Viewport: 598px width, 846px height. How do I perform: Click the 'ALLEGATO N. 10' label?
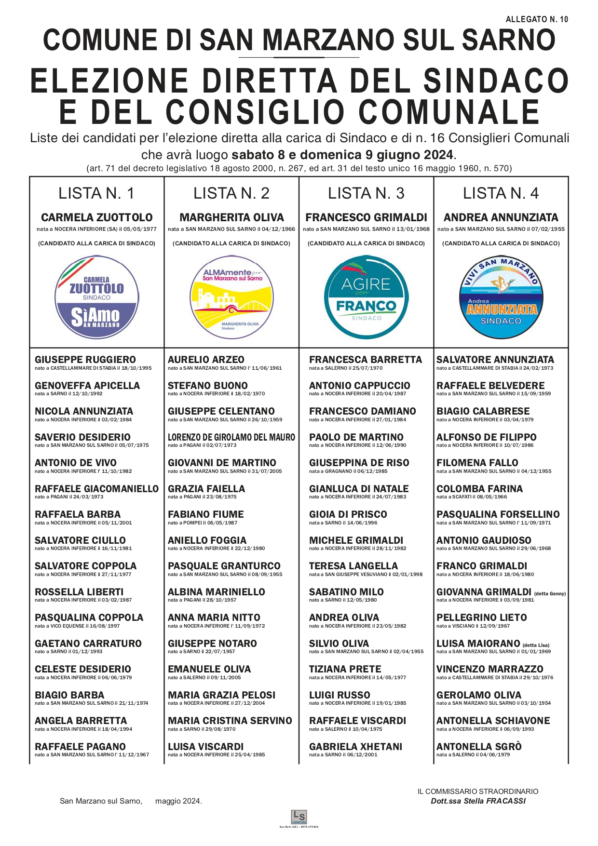pyautogui.click(x=537, y=19)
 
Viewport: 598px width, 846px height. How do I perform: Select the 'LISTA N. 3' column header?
pyautogui.click(x=366, y=193)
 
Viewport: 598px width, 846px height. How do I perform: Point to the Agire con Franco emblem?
pyautogui.click(x=366, y=297)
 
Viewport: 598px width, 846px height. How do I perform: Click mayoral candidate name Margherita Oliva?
pyautogui.click(x=231, y=217)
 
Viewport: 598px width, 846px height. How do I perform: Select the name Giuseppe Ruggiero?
pyautogui.click(x=85, y=360)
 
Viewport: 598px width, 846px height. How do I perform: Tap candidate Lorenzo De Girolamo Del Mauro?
pyautogui.click(x=231, y=437)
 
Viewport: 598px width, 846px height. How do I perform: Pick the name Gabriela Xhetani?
pyautogui.click(x=355, y=747)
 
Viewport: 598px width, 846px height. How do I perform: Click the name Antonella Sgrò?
pyautogui.click(x=479, y=747)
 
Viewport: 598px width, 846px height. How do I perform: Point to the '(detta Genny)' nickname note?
pyautogui.click(x=550, y=593)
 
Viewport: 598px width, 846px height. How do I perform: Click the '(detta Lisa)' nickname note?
pyautogui.click(x=536, y=645)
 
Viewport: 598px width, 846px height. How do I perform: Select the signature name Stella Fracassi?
pyautogui.click(x=478, y=801)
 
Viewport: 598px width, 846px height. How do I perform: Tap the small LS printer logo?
pyautogui.click(x=299, y=817)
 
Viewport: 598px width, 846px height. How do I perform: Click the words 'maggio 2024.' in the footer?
pyautogui.click(x=178, y=801)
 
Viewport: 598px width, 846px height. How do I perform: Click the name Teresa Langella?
pyautogui.click(x=353, y=566)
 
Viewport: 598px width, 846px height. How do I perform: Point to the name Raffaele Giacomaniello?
pyautogui.click(x=96, y=489)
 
